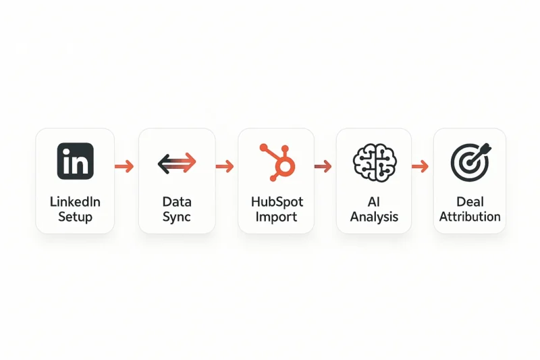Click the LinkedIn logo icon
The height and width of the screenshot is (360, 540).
coord(76,161)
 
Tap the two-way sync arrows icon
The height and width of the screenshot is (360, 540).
coord(177,163)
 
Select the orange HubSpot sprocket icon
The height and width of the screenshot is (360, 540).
coord(277,162)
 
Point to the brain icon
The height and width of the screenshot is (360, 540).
coord(375,163)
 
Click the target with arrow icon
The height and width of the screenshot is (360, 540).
coord(470,162)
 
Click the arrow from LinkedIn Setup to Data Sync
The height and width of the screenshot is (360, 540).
coord(124,166)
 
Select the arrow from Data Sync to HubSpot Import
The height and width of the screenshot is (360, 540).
coord(225,166)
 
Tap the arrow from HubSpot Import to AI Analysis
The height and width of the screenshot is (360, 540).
coord(323,166)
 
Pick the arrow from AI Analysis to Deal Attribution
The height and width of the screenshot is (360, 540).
coord(420,166)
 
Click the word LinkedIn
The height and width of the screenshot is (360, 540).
coord(75,201)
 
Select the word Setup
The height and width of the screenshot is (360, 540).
coord(75,217)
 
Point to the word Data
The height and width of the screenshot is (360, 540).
coord(177,201)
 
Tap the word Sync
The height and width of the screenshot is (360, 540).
coord(177,217)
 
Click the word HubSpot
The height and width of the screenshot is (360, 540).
coord(277,201)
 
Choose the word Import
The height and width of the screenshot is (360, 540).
coord(276,217)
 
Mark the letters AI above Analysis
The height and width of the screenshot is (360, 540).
coord(374,201)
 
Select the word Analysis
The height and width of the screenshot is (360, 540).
coord(374,217)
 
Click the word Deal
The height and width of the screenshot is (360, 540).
coord(470,201)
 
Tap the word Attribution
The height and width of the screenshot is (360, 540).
coord(470,217)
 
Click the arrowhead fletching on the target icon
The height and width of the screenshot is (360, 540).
coord(487,148)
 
